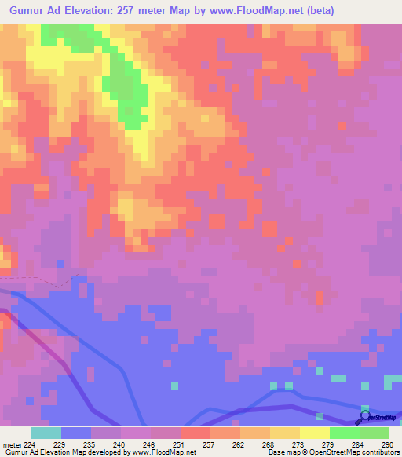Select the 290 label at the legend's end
[x=384, y=444]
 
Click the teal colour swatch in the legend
[x=46, y=433]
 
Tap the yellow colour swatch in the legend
[x=314, y=433]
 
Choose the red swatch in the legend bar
[x=196, y=433]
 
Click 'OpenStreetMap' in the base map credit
[x=328, y=452]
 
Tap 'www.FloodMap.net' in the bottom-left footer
[x=165, y=452]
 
